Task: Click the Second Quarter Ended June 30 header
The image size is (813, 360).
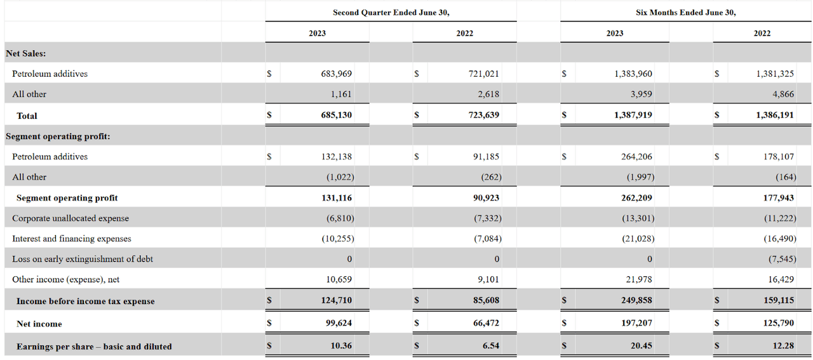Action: (x=391, y=12)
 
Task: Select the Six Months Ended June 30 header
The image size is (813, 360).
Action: (x=686, y=12)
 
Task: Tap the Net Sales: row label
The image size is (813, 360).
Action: (x=25, y=53)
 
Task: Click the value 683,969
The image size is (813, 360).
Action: (x=336, y=74)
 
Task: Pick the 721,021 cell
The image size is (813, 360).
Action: (x=483, y=74)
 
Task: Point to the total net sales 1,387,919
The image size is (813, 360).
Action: (x=633, y=116)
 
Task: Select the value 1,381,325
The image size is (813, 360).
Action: (x=775, y=74)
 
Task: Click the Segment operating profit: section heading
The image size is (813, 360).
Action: (x=58, y=136)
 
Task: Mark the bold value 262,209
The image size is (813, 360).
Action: (x=636, y=197)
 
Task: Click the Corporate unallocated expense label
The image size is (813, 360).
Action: (x=71, y=218)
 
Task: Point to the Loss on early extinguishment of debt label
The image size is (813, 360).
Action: (x=83, y=259)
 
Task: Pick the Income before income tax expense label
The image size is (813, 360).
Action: (x=85, y=301)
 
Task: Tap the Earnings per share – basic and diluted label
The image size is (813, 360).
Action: (x=94, y=346)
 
